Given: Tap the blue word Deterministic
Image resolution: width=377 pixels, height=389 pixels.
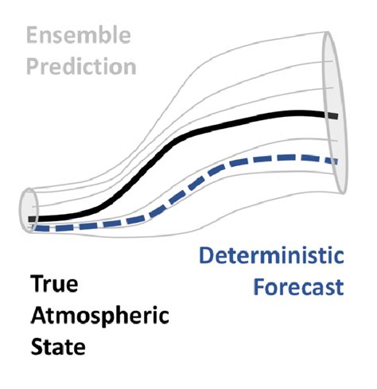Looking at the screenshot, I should click(x=270, y=257).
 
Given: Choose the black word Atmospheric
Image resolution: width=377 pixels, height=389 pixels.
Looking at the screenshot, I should click(x=99, y=316).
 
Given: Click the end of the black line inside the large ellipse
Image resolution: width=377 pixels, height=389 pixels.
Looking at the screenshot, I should click(x=335, y=116).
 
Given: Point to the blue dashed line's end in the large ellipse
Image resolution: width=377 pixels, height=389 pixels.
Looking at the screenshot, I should click(x=335, y=161).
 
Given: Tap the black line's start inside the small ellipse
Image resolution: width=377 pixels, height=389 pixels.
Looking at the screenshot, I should click(x=30, y=218).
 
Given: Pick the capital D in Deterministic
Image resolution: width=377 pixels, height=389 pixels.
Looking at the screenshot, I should click(x=206, y=257).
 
